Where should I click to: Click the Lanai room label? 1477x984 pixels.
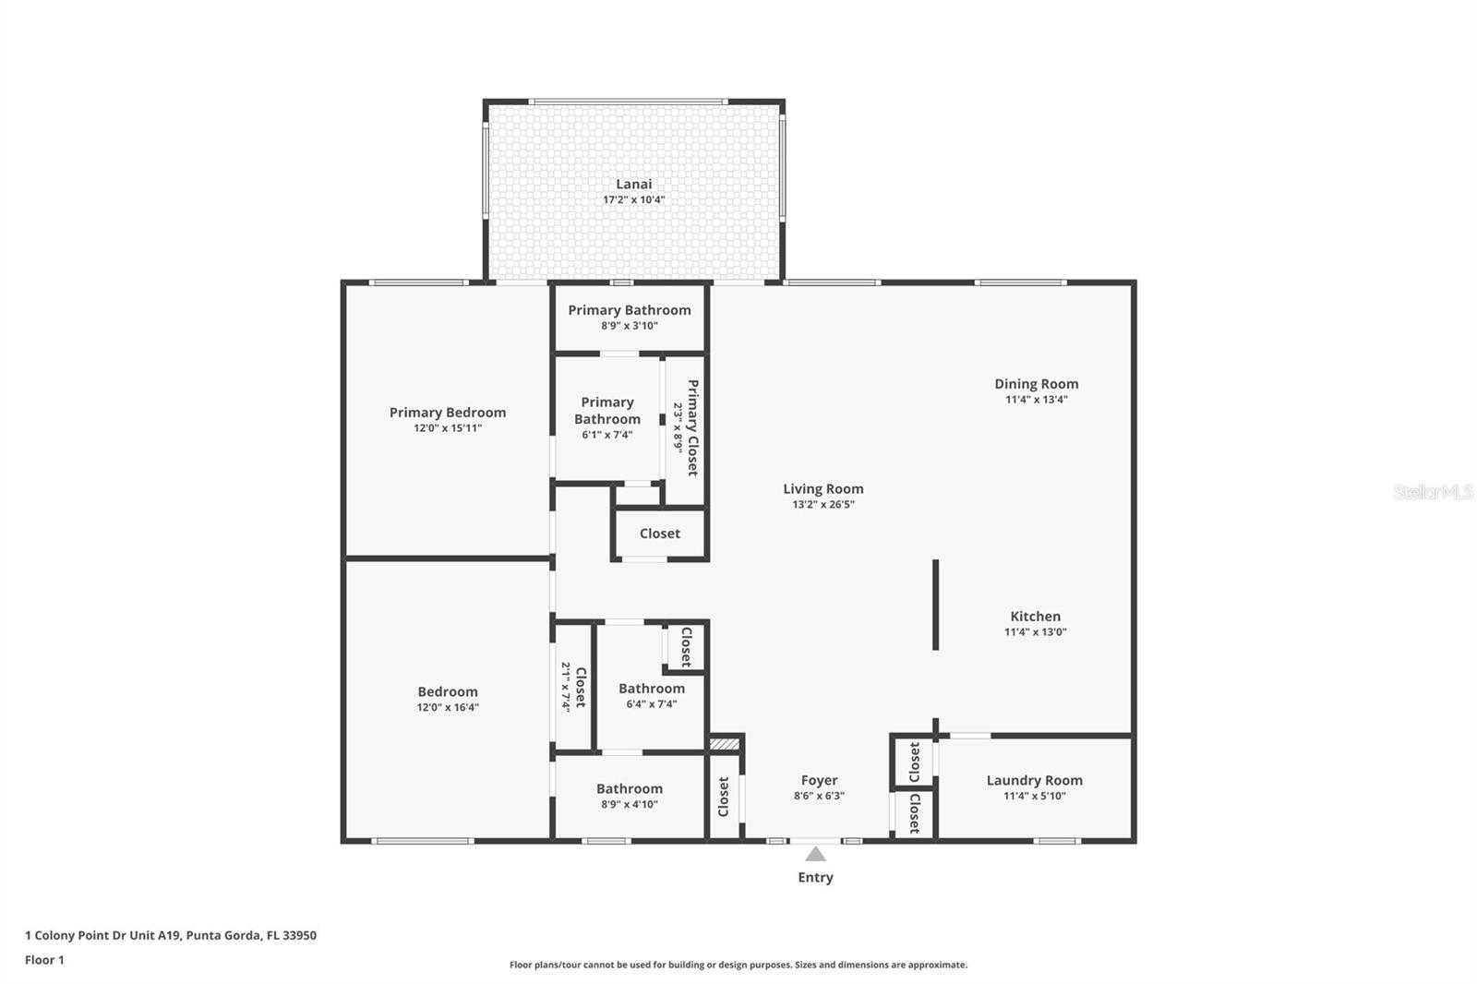coord(633,185)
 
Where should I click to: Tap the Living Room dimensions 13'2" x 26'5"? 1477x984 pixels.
coord(823,505)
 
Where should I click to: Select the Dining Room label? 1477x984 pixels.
coord(1036,384)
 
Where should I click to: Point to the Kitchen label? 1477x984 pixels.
coord(1035,617)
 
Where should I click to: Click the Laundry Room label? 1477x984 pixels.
coord(1034,780)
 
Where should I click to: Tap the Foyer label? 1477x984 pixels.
coord(819,780)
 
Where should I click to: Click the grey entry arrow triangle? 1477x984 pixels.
coord(815,855)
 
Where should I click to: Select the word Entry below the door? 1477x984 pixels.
coord(815,878)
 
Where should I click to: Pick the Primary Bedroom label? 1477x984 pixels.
coord(448,413)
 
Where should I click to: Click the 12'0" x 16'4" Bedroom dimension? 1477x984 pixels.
coord(448,708)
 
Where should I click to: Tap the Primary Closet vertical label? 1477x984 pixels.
coord(692,427)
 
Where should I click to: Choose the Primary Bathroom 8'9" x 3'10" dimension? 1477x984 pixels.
coord(629,326)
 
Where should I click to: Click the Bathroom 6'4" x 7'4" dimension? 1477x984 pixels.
coord(651,704)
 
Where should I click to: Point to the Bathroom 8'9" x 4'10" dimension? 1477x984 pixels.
coord(629,805)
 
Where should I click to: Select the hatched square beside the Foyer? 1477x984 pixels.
coord(724,743)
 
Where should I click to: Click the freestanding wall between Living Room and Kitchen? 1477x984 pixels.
coord(935,605)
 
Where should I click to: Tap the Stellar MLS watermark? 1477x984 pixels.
coord(1433,492)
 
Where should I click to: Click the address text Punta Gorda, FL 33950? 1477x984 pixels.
coord(251,935)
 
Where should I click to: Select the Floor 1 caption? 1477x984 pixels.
coord(44,960)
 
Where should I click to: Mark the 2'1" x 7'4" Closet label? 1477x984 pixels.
coord(573,687)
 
